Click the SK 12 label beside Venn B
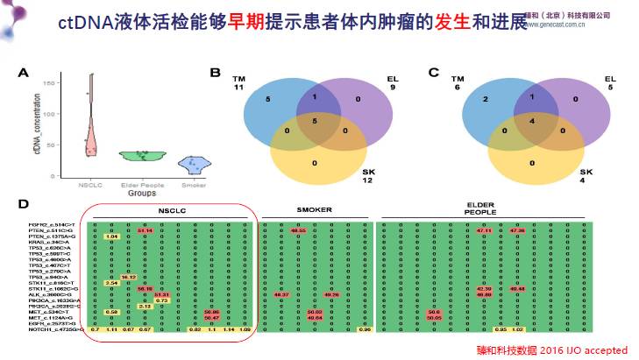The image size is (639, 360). pyautogui.click(x=368, y=177)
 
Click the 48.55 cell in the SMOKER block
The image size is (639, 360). pyautogui.click(x=297, y=231)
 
